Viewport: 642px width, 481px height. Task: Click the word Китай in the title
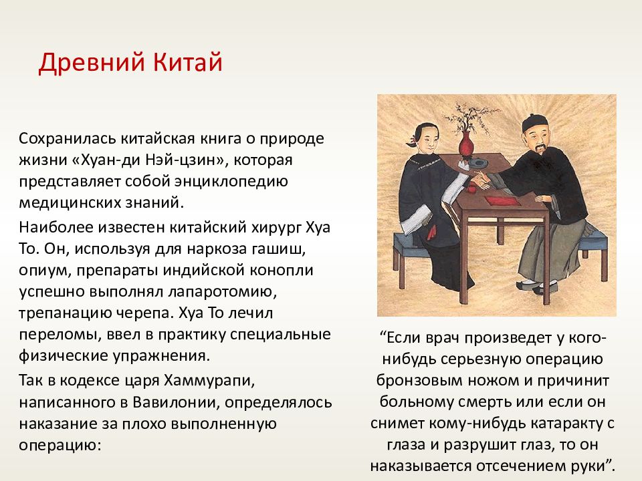[x=188, y=63]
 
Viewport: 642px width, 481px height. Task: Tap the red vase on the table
[x=465, y=144]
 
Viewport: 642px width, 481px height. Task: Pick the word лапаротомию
[x=220, y=292]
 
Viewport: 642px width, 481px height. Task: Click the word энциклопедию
[x=231, y=181]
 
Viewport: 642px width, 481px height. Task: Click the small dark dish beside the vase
[x=478, y=164]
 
